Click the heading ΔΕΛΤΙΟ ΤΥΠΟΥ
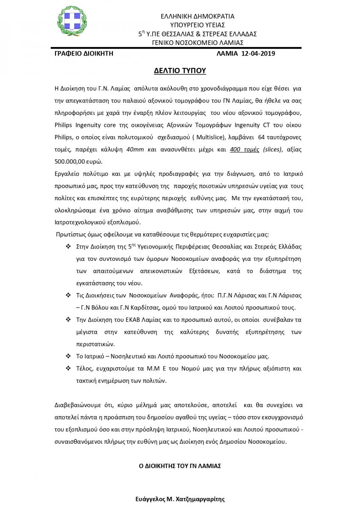tap(180, 70)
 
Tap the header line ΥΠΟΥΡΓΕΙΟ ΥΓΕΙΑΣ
tap(197, 25)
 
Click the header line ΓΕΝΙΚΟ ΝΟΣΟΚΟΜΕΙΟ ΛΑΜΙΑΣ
tap(197, 42)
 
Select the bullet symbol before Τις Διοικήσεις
tap(68, 295)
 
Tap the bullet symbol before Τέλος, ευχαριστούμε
tap(68, 369)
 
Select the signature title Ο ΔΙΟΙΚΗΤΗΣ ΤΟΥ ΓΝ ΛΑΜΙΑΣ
tap(180, 466)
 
